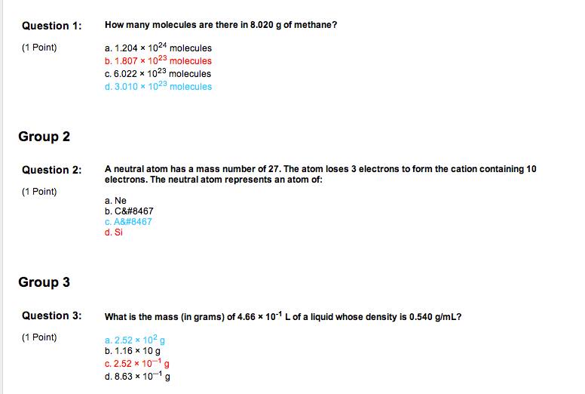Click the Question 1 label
[x=51, y=26]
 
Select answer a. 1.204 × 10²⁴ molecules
[x=158, y=48]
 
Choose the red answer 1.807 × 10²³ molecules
[x=158, y=60]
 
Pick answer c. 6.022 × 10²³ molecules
[x=158, y=73]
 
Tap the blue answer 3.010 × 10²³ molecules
[x=158, y=86]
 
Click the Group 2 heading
[x=44, y=137]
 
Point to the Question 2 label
[x=51, y=170]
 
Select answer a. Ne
[x=116, y=201]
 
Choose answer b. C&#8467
[x=129, y=211]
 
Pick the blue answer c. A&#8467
[x=129, y=222]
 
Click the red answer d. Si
[x=114, y=232]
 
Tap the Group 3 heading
[x=44, y=282]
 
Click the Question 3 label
[x=51, y=316]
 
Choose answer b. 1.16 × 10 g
[x=133, y=351]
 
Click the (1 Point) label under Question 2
[x=39, y=191]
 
